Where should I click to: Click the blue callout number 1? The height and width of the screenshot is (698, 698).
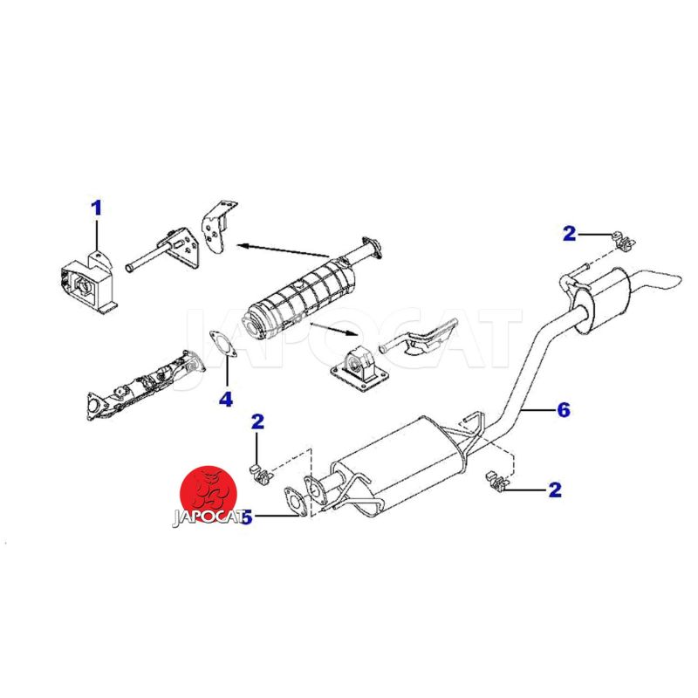coord(96,209)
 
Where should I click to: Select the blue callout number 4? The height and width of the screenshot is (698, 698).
coord(226,399)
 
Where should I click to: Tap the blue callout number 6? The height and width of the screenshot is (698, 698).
coord(564,409)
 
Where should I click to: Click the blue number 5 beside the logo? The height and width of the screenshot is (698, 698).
coord(246,517)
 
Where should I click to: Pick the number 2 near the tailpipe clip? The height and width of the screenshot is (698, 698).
coord(570,234)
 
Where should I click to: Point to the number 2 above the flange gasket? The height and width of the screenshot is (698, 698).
coord(257,421)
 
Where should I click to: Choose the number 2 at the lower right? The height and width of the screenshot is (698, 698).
coord(555,490)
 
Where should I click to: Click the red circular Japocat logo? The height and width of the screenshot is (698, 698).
coord(208,494)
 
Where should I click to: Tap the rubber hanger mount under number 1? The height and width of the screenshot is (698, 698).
coord(88,283)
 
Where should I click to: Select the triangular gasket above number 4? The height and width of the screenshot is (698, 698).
coord(222,344)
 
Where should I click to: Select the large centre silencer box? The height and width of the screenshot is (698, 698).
coord(400,463)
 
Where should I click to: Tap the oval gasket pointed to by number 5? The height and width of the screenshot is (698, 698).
coord(295,503)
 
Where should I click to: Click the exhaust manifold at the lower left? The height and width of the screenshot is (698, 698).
coord(146,384)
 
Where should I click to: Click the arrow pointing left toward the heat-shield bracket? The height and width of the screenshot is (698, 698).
coord(283,250)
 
